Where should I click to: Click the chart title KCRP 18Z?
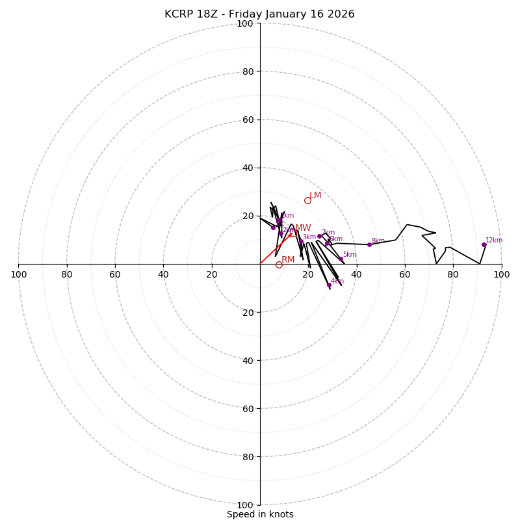[259, 14]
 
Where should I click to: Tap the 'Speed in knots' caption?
[260, 514]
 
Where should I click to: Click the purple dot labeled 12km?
[484, 245]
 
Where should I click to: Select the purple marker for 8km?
[369, 244]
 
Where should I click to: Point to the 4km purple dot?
[329, 285]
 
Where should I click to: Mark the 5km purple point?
[341, 259]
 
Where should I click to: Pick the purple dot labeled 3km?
[301, 242]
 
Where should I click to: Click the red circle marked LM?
[307, 200]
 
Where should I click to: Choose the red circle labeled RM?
[279, 265]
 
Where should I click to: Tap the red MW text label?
[303, 228]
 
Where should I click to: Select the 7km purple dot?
[319, 236]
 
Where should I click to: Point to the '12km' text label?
[494, 240]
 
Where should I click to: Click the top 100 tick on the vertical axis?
[245, 23]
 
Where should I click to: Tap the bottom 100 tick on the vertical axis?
[245, 505]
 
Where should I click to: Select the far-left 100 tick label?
[19, 274]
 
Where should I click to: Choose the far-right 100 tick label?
[501, 274]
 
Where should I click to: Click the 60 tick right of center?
[405, 274]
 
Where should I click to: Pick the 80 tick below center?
[248, 457]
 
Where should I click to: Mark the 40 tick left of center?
[164, 274]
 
